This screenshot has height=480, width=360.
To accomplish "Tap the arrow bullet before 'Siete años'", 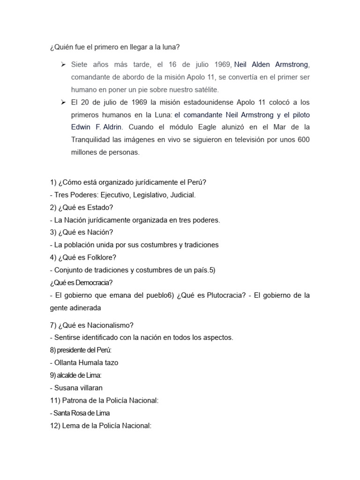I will pyautogui.click(x=63, y=64).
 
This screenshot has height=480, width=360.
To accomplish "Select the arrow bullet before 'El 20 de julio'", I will pyautogui.click(x=63, y=102).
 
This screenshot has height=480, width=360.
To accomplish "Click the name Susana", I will pyautogui.click(x=67, y=388).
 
